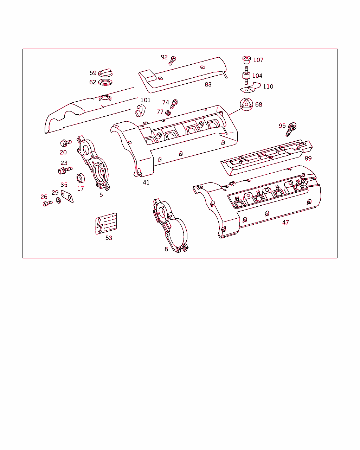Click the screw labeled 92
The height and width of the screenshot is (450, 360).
[x=172, y=60]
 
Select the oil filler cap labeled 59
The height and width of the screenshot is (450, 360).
[x=105, y=72]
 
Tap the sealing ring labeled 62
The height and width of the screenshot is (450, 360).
[x=105, y=82]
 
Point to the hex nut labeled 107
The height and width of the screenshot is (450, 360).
[x=247, y=60]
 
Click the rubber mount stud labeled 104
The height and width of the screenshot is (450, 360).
[x=246, y=76]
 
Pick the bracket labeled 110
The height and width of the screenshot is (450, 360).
[x=251, y=88]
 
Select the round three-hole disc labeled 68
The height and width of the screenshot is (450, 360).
[x=246, y=104]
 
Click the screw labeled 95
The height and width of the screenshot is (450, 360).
[x=291, y=129]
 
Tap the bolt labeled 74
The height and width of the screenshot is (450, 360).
[x=174, y=104]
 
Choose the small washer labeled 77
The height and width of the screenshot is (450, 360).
[x=168, y=113]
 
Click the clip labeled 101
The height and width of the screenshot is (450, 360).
[x=140, y=110]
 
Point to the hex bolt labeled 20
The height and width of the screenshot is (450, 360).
[x=66, y=143]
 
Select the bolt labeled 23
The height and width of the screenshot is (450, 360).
[x=65, y=170]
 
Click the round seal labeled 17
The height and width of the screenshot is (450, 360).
[x=81, y=178]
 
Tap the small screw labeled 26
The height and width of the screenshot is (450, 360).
[x=48, y=203]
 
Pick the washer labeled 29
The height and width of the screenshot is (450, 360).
[x=58, y=201]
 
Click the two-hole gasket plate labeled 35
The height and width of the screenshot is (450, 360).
[x=67, y=197]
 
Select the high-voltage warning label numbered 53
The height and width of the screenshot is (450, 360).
[x=106, y=224]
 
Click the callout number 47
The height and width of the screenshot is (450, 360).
[x=285, y=222]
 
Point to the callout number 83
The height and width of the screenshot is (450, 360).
[x=208, y=84]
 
